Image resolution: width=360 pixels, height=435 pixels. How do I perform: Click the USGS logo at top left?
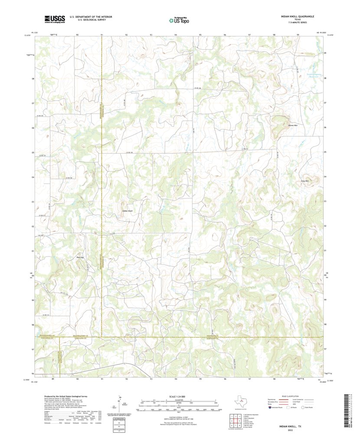pyautogui.click(x=54, y=19)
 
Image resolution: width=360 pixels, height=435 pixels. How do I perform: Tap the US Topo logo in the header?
pyautogui.click(x=179, y=20)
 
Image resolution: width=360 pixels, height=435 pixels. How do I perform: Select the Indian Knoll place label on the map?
pyautogui.click(x=127, y=211)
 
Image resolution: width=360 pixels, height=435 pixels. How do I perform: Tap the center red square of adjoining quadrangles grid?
pyautogui.click(x=232, y=420)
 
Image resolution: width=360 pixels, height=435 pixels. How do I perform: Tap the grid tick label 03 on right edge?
pyautogui.click(x=325, y=202)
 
